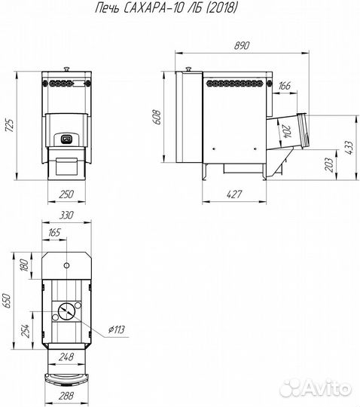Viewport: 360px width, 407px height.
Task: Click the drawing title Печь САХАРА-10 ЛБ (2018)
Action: click(166, 8)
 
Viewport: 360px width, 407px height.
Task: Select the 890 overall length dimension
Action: click(242, 45)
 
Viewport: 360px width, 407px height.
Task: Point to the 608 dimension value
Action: click(157, 118)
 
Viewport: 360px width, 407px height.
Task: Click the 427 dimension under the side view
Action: click(234, 194)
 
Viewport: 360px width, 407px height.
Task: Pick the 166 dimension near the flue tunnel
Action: click(285, 85)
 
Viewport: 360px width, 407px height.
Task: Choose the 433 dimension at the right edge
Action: click(349, 148)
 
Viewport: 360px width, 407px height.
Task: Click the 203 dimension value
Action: click(329, 164)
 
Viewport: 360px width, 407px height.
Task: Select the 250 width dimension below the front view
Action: click(66, 194)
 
